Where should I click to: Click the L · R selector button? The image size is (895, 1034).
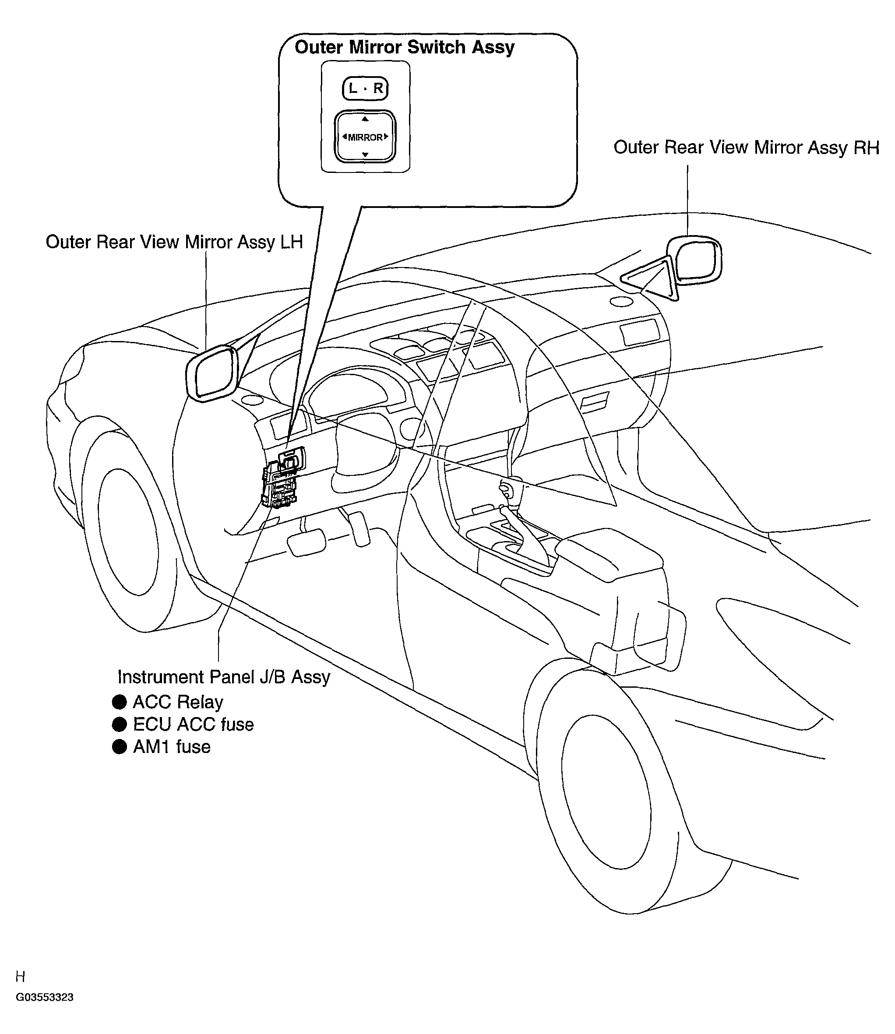365,89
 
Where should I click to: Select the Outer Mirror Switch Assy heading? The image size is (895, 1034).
405,47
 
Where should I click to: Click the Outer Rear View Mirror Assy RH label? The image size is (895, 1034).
746,148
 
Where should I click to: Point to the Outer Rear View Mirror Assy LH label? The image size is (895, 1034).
174,242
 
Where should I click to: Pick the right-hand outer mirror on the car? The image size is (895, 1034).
693,260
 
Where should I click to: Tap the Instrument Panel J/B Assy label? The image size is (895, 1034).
224,678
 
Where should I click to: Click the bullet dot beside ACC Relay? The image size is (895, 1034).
120,702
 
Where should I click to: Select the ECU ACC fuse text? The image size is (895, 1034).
193,725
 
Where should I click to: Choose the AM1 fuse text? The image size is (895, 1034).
172,747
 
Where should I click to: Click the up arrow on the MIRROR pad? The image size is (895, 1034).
365,119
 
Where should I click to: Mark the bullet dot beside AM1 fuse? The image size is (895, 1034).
120,747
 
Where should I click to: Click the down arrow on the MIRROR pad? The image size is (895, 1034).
365,154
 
